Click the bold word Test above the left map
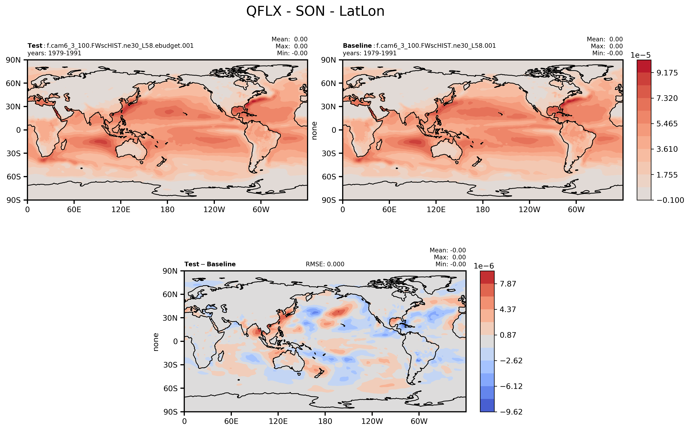(x=35, y=46)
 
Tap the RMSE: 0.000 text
(x=325, y=264)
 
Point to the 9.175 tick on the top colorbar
(x=667, y=73)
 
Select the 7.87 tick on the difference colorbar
(x=508, y=284)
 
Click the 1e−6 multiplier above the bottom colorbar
(x=484, y=266)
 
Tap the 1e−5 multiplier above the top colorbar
(x=640, y=55)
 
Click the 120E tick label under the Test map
(x=121, y=210)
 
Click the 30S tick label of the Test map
(x=14, y=153)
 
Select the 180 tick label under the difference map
(x=325, y=421)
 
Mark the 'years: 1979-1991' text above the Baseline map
(x=369, y=53)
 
